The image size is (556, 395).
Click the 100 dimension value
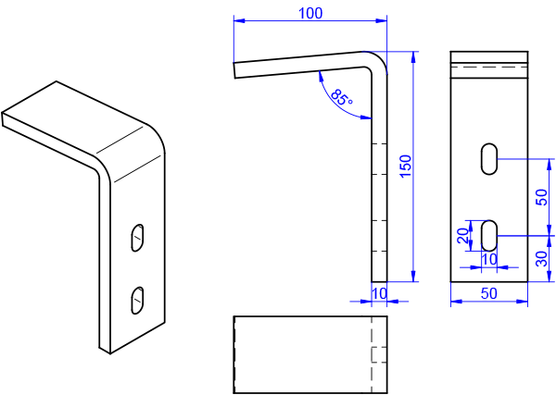pos(310,13)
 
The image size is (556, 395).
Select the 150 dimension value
pos(405,167)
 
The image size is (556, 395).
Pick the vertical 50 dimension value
pos(542,196)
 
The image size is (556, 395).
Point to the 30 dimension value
pos(542,259)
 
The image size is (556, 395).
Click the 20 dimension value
pos(463,236)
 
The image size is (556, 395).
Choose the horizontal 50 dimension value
pos(489,294)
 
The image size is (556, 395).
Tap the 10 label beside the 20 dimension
pos(490,259)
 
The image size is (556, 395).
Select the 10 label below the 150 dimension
pos(380,293)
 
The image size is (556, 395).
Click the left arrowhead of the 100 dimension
pos(238,20)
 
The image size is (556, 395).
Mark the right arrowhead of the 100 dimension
pos(383,20)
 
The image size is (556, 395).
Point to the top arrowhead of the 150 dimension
pos(413,57)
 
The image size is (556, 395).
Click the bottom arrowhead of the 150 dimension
pos(413,276)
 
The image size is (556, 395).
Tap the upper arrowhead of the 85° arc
pos(319,76)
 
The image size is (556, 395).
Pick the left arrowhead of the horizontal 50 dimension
pos(455,302)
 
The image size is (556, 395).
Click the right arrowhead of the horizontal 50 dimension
pos(524,302)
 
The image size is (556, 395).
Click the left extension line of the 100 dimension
pos(234,42)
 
